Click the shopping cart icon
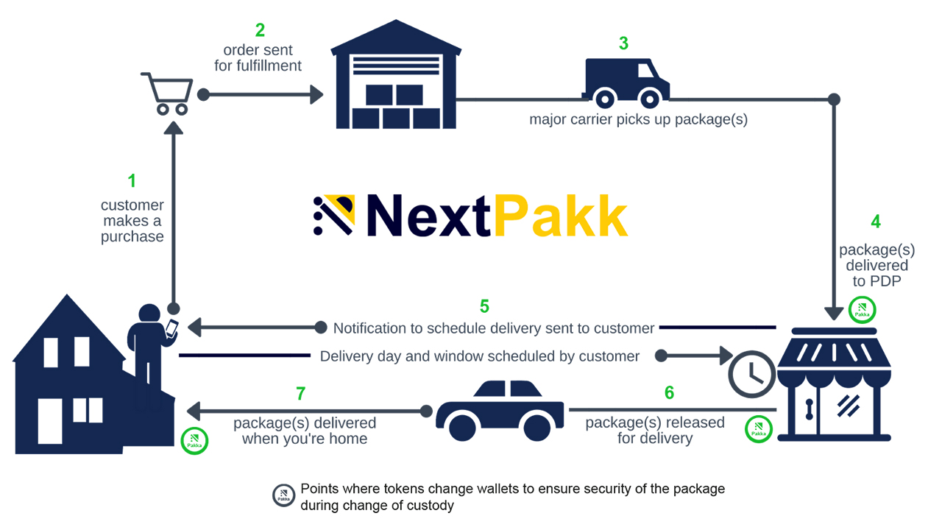pyautogui.click(x=167, y=93)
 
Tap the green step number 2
pyautogui.click(x=260, y=31)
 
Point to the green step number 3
pyautogui.click(x=623, y=43)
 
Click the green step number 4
pyautogui.click(x=876, y=222)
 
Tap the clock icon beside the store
pyautogui.click(x=751, y=373)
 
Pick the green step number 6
pyautogui.click(x=669, y=393)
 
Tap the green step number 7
pyautogui.click(x=300, y=394)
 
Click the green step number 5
pyautogui.click(x=484, y=306)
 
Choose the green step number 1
pyautogui.click(x=132, y=180)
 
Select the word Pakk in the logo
pyautogui.click(x=561, y=216)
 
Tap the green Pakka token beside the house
pyautogui.click(x=195, y=440)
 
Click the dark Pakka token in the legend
pyautogui.click(x=283, y=495)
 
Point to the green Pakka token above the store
pyautogui.click(x=862, y=311)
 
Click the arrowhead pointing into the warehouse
pyautogui.click(x=316, y=94)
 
